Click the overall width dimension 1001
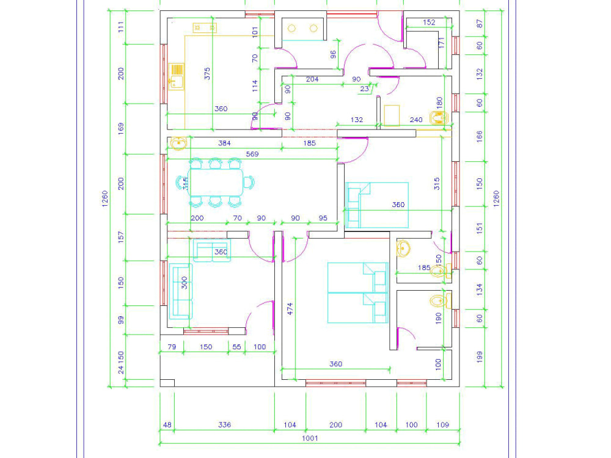point(309,438)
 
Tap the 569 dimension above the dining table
point(251,154)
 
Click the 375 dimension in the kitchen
point(207,74)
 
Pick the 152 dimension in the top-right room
point(429,23)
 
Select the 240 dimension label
point(416,120)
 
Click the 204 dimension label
point(312,79)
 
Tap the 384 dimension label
point(225,144)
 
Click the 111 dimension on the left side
point(120,27)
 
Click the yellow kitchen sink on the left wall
point(177,76)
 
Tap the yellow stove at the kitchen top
point(205,27)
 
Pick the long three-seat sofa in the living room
point(180,291)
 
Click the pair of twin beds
point(357,293)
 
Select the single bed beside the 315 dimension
point(376,205)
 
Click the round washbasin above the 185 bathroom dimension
point(404,248)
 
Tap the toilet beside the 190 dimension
point(439,300)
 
